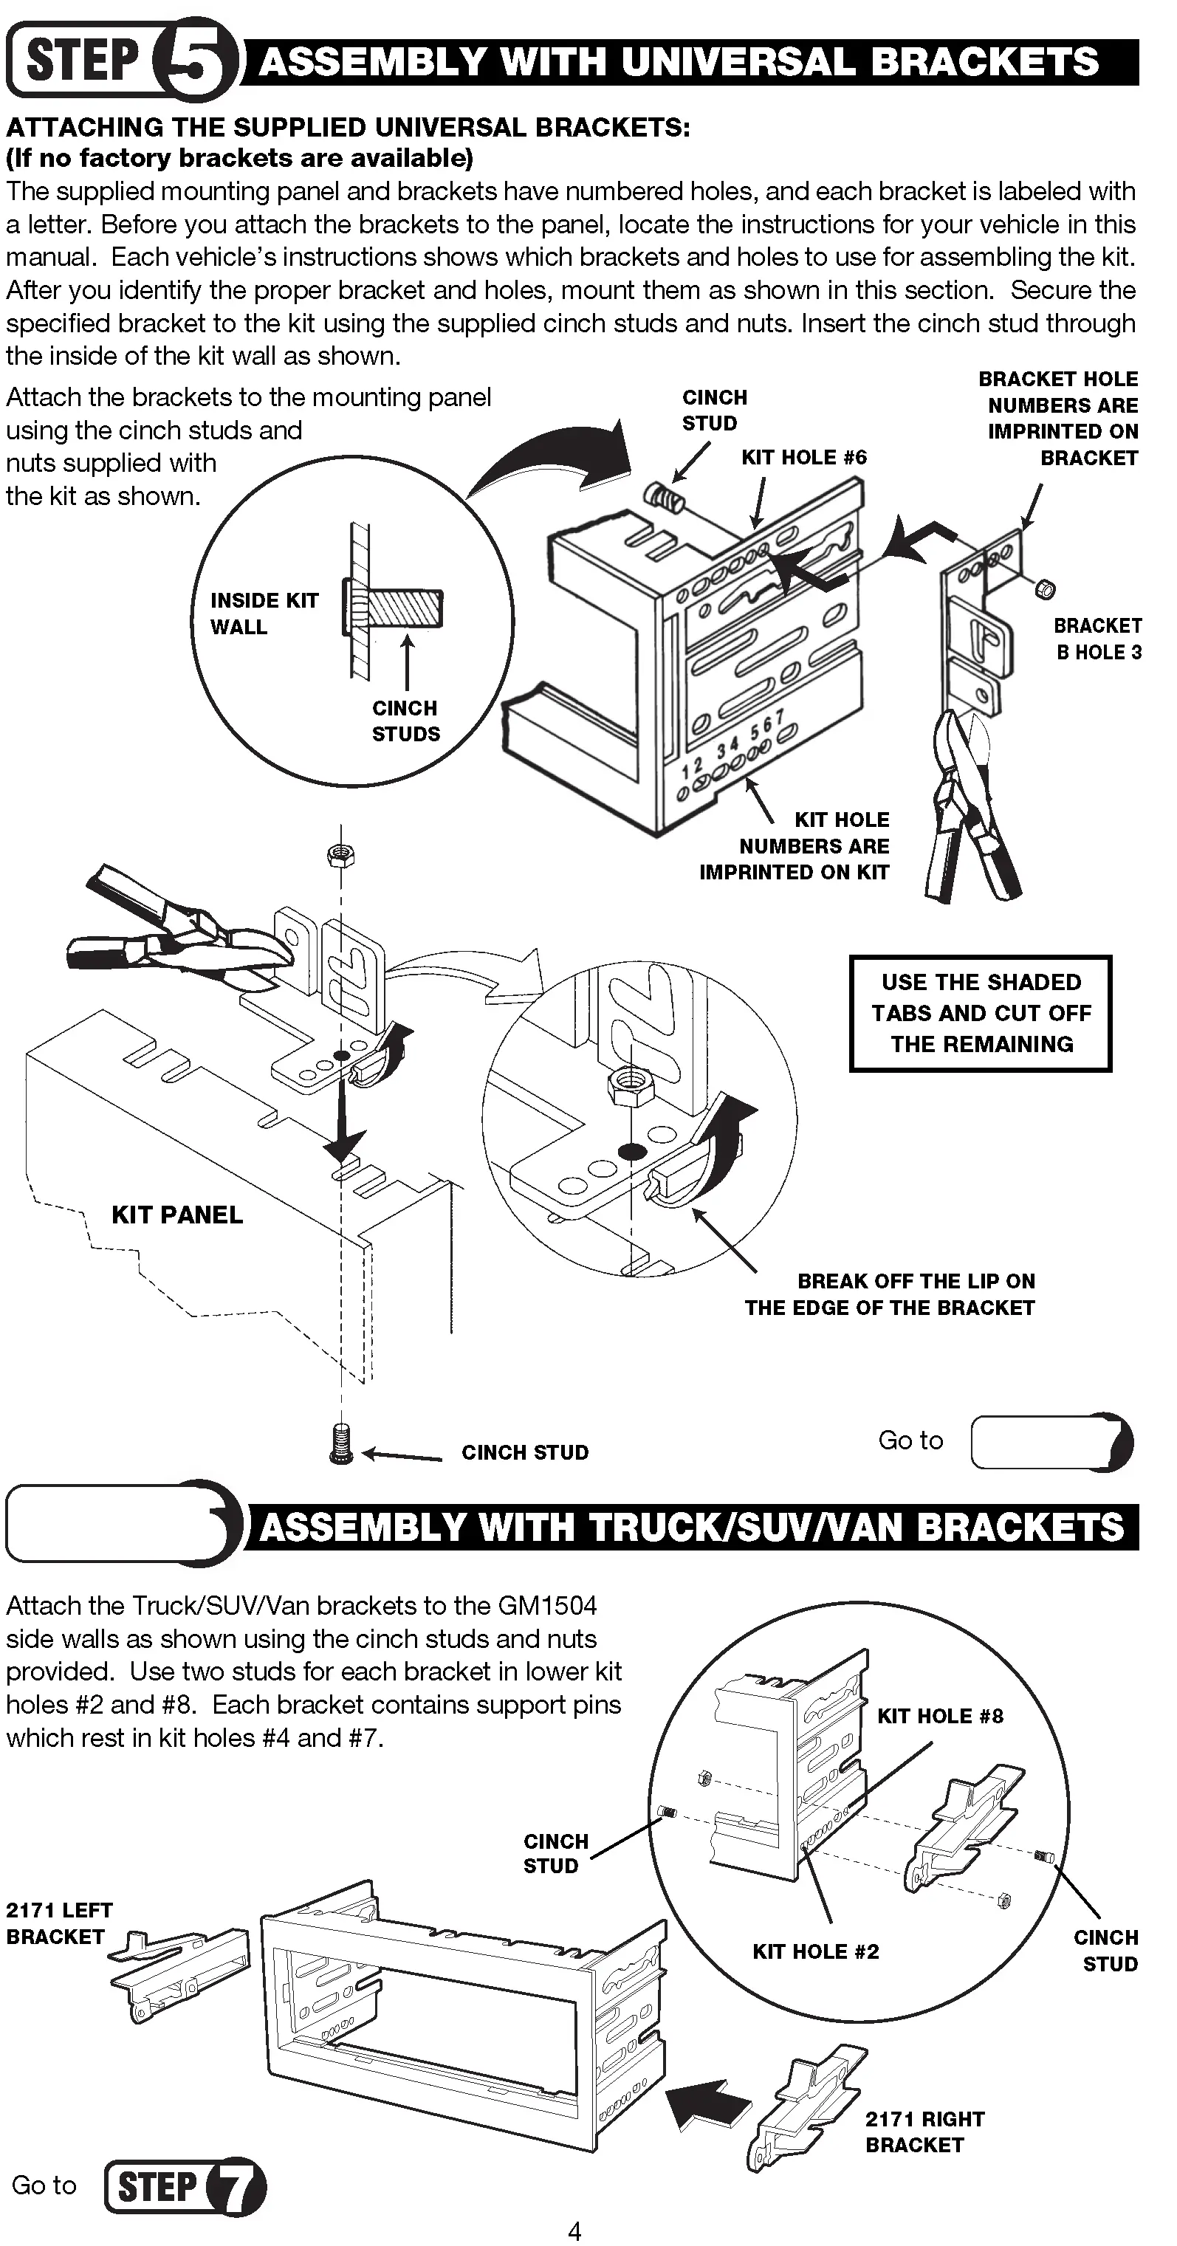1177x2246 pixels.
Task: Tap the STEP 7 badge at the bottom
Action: point(185,2186)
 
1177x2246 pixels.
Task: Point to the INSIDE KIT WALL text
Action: point(264,614)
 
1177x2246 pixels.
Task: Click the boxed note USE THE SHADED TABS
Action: point(980,1013)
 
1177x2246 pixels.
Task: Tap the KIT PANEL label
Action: point(177,1215)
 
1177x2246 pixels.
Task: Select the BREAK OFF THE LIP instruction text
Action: point(889,1294)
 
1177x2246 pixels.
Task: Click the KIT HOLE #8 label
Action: point(939,1716)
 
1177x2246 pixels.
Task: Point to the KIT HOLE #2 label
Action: point(815,1951)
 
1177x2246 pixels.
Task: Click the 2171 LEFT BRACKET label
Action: point(58,1923)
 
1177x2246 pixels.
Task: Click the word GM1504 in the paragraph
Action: point(548,1606)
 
